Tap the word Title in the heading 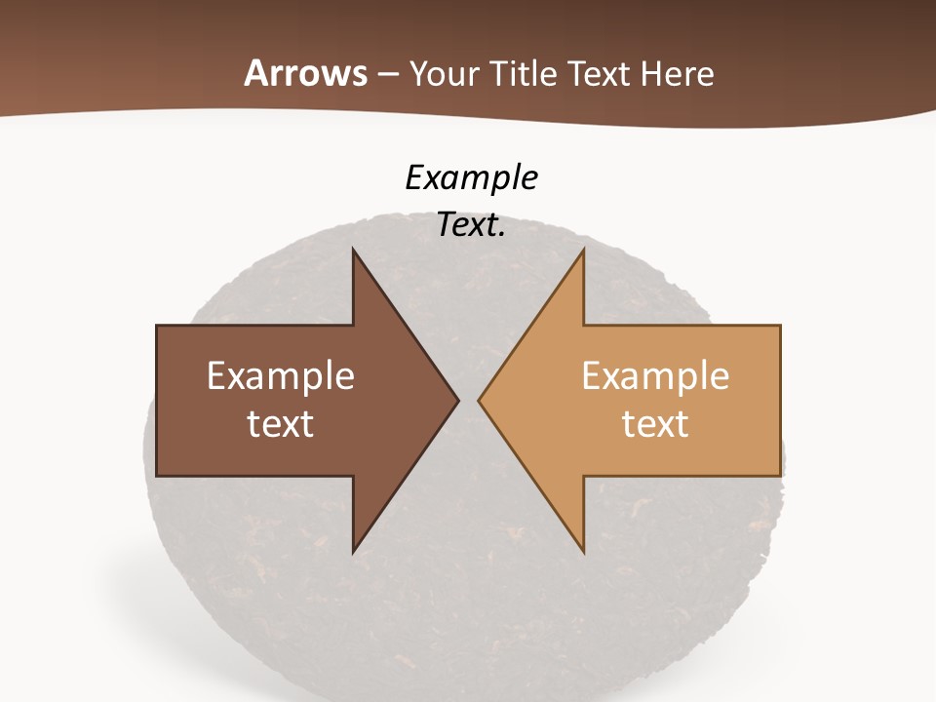coord(523,74)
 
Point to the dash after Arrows coord(388,75)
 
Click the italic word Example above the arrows coord(471,178)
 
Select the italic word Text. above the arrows coord(471,225)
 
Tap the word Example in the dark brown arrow coord(281,376)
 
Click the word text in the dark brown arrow coord(281,423)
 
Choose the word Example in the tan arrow coord(655,376)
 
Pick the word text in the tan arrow coord(655,423)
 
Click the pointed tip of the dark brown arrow coord(456,400)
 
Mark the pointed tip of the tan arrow coord(480,400)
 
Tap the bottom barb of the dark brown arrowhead coord(355,549)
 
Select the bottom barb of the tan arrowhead coord(581,549)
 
